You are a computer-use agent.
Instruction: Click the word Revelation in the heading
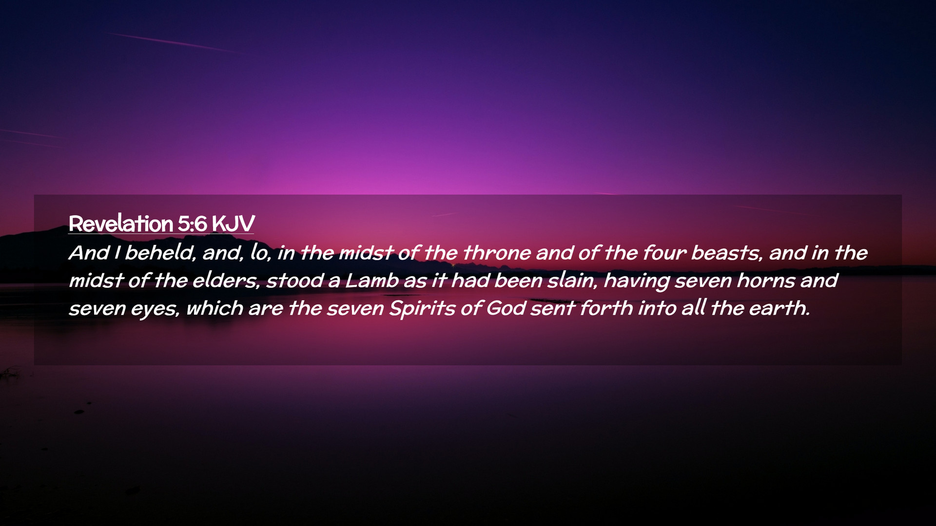(x=121, y=224)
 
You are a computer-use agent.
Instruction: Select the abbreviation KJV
(x=234, y=224)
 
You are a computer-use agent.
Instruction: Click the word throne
(x=497, y=253)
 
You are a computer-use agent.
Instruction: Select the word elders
(x=226, y=281)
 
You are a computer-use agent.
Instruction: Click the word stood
(x=295, y=281)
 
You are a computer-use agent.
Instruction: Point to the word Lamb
(x=372, y=281)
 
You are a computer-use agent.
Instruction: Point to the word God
(x=506, y=308)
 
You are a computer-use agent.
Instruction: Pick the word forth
(x=606, y=308)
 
